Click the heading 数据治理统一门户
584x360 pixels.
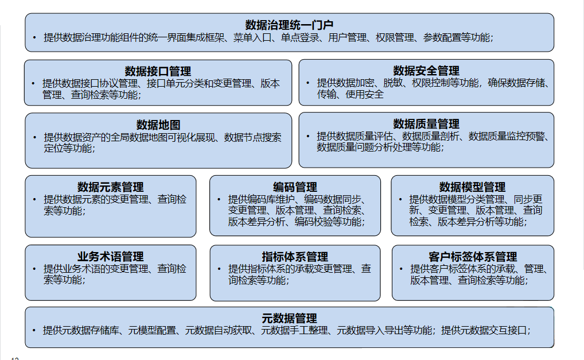[x=289, y=25]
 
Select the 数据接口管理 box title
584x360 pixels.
[x=158, y=71]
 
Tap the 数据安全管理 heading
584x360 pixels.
[x=426, y=71]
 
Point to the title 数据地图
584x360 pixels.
[x=158, y=125]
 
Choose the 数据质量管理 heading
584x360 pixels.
[x=426, y=124]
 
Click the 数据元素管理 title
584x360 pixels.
[x=111, y=187]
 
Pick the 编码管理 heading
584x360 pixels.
[x=295, y=187]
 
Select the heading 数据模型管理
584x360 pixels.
[x=472, y=187]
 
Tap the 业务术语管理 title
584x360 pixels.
[x=111, y=257]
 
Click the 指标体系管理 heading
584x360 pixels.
[x=295, y=257]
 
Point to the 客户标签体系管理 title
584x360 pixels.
[x=473, y=257]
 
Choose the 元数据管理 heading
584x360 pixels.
[x=289, y=319]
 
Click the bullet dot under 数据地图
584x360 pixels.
[x=34, y=138]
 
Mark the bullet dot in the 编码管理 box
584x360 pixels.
[x=219, y=199]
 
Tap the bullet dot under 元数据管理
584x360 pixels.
[x=34, y=330]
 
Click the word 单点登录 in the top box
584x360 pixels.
[x=300, y=38]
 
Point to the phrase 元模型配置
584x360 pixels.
[x=152, y=330]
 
